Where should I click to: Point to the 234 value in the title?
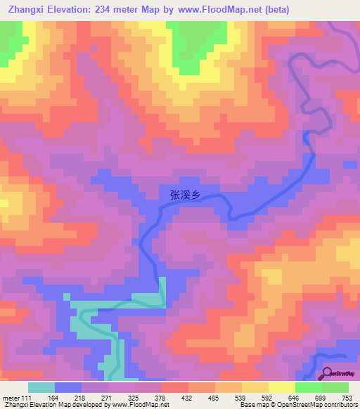point(112,9)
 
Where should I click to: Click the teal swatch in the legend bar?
point(41,388)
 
